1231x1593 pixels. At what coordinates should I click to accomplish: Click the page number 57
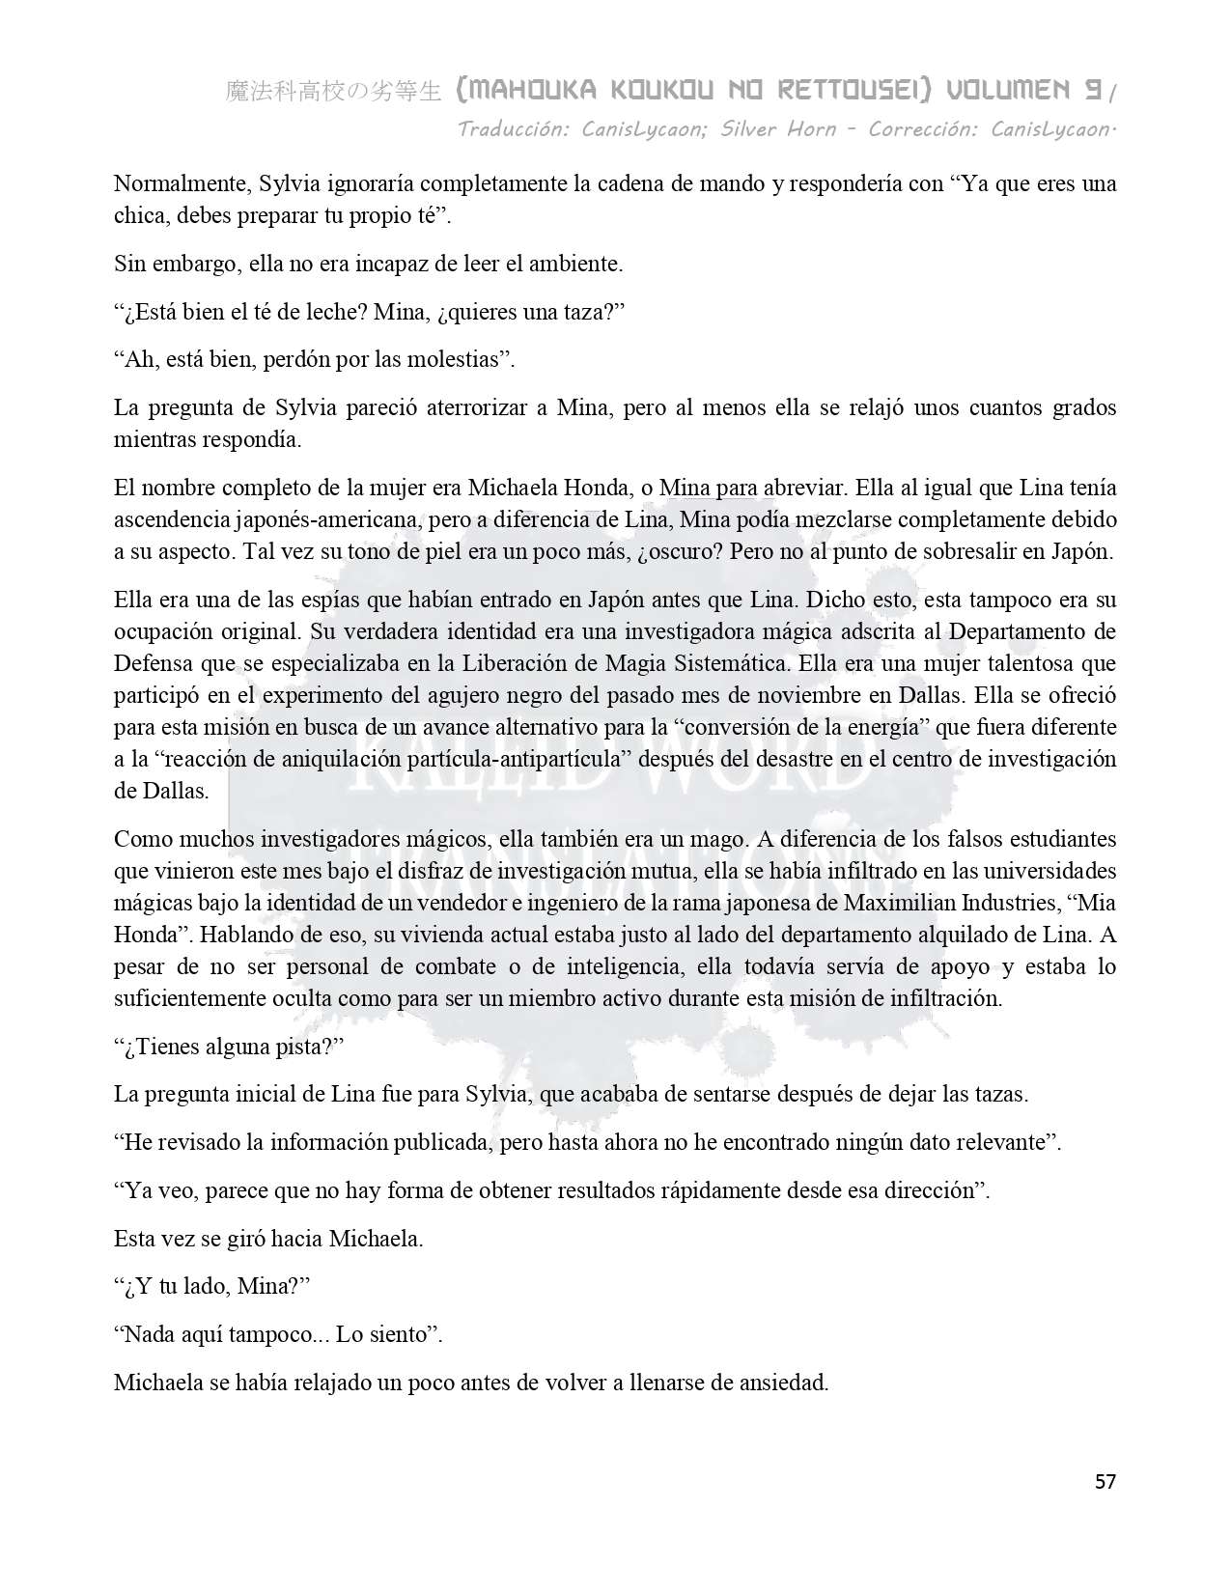(1105, 1482)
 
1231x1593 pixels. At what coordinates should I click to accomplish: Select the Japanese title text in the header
(332, 92)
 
